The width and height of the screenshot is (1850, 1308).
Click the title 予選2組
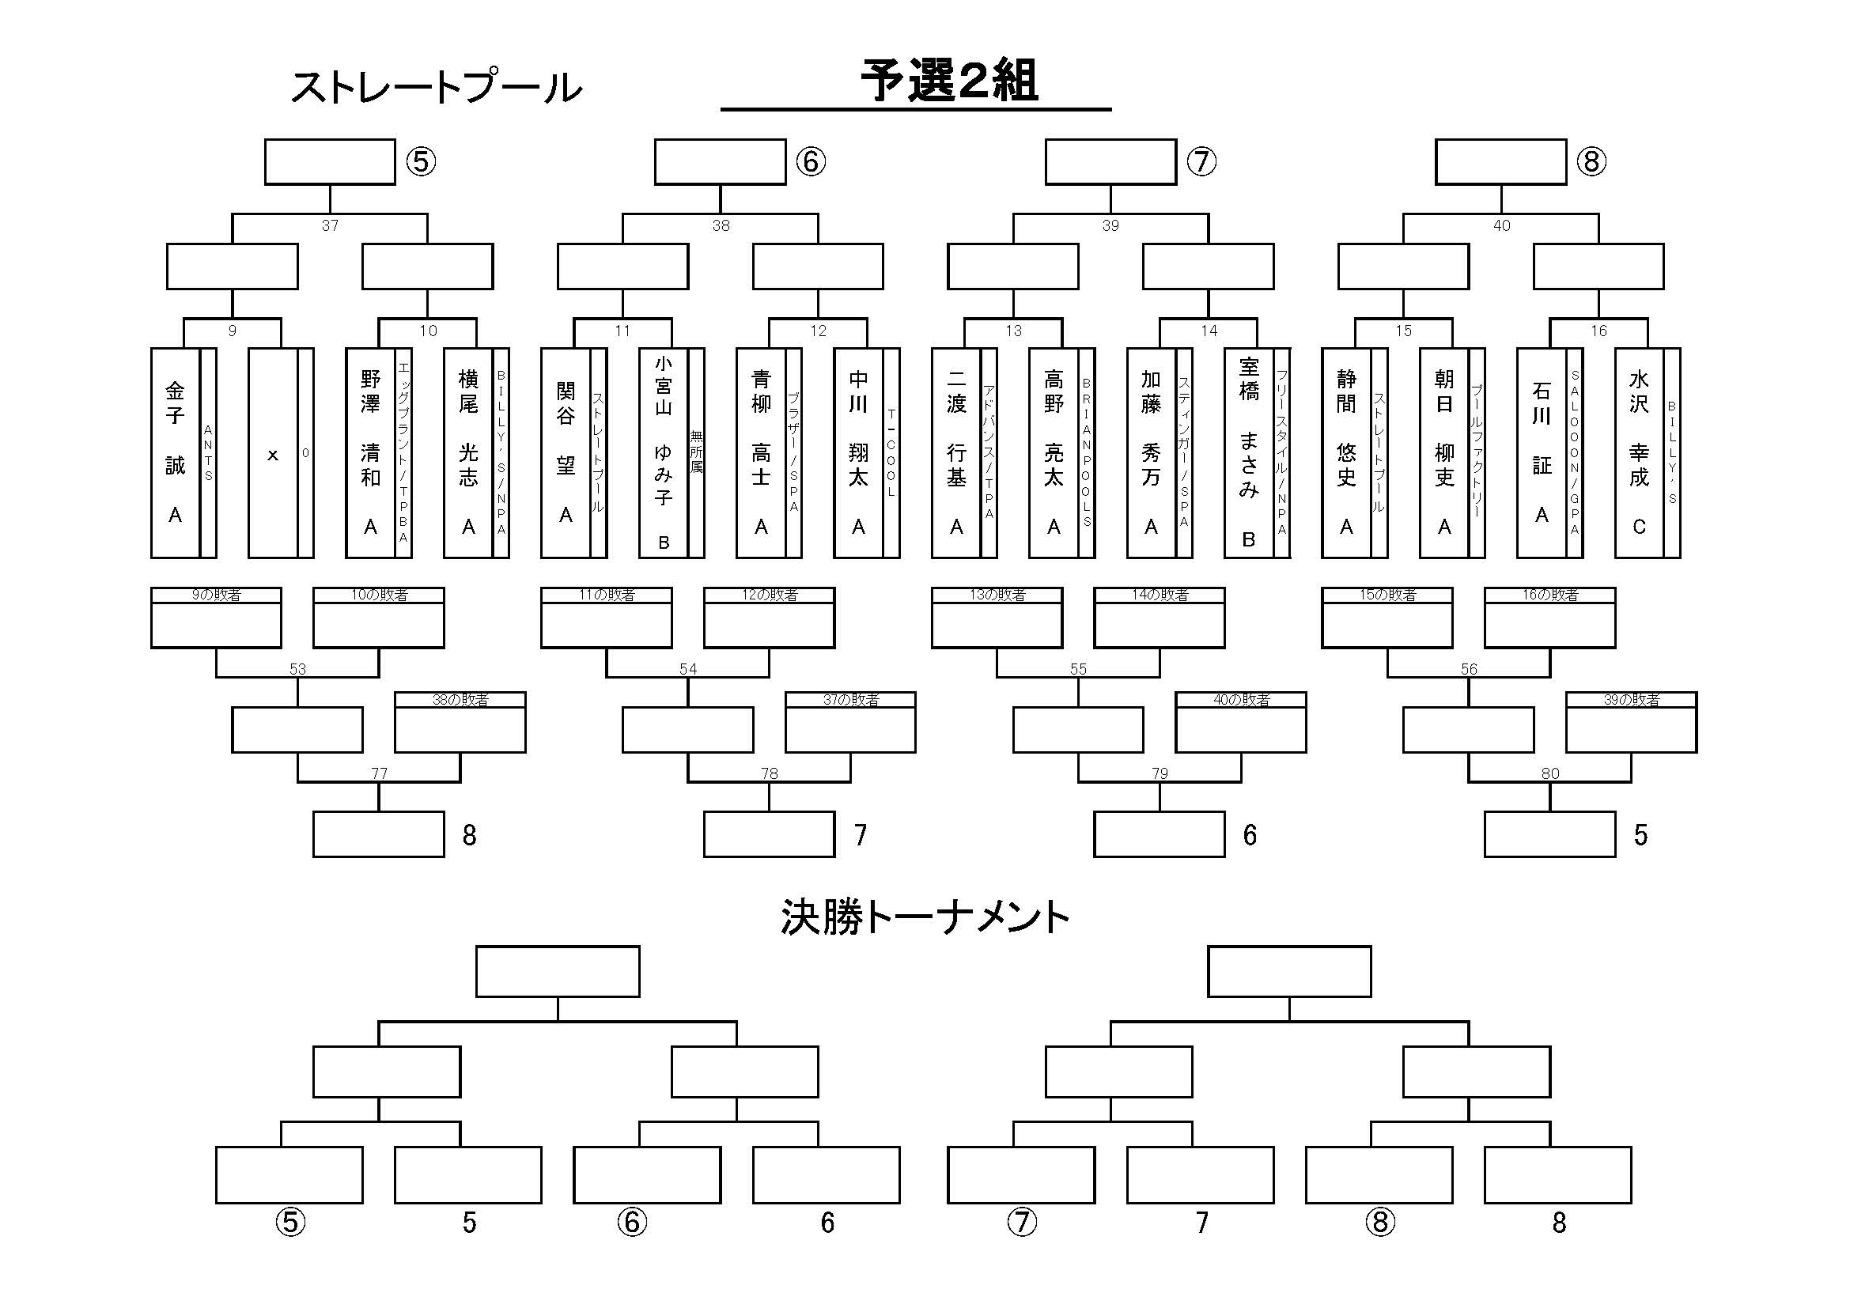tap(949, 81)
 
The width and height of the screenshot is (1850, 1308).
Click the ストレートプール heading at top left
tap(435, 87)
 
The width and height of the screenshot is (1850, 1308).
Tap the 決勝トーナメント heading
tap(924, 917)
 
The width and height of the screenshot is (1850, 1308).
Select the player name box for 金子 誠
tap(175, 452)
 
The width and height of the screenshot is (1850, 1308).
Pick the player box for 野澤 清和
tap(370, 452)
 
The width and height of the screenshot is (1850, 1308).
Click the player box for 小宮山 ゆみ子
tap(663, 452)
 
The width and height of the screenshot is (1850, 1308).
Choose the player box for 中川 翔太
tap(858, 452)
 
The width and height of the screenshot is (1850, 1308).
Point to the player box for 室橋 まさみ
tap(1248, 452)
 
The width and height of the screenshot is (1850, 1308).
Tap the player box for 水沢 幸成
tap(1638, 452)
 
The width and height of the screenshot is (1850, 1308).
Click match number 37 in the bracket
tap(330, 226)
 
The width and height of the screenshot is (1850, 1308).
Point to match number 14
tap(1209, 331)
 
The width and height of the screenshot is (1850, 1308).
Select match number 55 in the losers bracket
tap(1078, 669)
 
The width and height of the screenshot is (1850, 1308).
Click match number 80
tap(1549, 774)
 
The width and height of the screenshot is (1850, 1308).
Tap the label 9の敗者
tap(216, 595)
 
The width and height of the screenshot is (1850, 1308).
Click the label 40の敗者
tap(1241, 700)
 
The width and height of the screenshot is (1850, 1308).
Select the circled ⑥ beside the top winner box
tap(811, 162)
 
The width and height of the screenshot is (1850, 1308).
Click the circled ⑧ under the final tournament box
tap(1379, 1223)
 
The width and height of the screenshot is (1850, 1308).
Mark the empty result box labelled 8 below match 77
tap(378, 834)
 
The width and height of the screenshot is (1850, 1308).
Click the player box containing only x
tap(272, 452)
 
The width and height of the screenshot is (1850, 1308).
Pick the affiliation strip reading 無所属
tap(696, 452)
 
